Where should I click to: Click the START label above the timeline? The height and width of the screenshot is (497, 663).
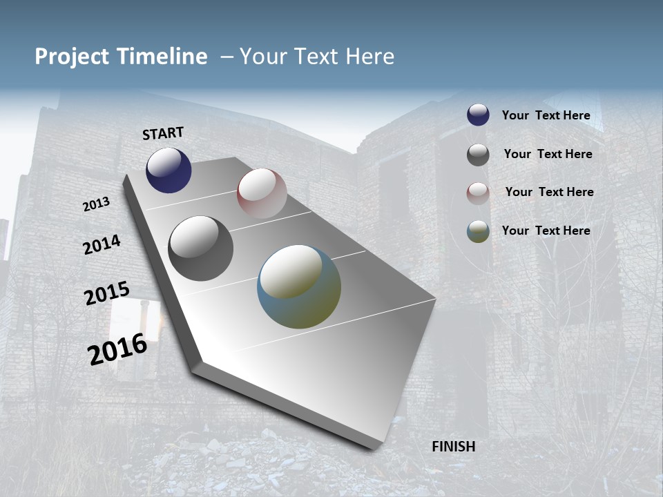coord(163,133)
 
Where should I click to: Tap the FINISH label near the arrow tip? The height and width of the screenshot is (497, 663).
coord(454,447)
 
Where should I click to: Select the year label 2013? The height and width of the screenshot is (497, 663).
coord(97,204)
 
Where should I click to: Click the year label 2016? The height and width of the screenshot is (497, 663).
coord(118,349)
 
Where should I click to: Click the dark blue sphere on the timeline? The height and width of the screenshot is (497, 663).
coord(169,170)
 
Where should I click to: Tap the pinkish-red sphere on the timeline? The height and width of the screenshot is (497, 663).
coord(262,193)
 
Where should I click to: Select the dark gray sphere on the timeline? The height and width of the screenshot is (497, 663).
coord(201,248)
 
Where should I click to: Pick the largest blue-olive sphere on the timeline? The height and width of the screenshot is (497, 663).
coord(299,286)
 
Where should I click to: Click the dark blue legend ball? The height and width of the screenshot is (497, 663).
coord(478,115)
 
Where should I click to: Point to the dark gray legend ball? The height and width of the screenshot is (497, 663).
coord(478,155)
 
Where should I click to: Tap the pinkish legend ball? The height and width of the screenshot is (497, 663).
coord(478,193)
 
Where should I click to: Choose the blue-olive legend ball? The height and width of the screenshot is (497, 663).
coord(478,231)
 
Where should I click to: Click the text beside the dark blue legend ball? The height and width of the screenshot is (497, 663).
coord(546,115)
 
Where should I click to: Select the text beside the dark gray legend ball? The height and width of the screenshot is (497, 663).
coord(548,154)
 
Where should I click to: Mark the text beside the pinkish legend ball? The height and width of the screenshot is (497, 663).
coord(549,192)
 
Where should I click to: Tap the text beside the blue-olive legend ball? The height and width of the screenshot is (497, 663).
coord(546,231)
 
